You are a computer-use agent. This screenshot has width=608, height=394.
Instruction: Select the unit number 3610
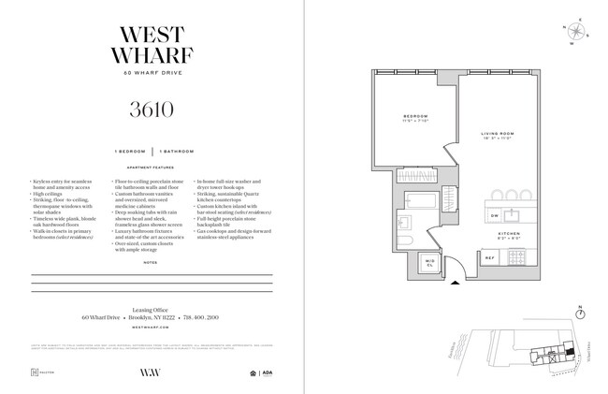click(152, 109)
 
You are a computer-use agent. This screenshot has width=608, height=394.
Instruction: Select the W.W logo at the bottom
click(152, 373)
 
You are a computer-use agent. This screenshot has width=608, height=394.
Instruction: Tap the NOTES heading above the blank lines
click(152, 263)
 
